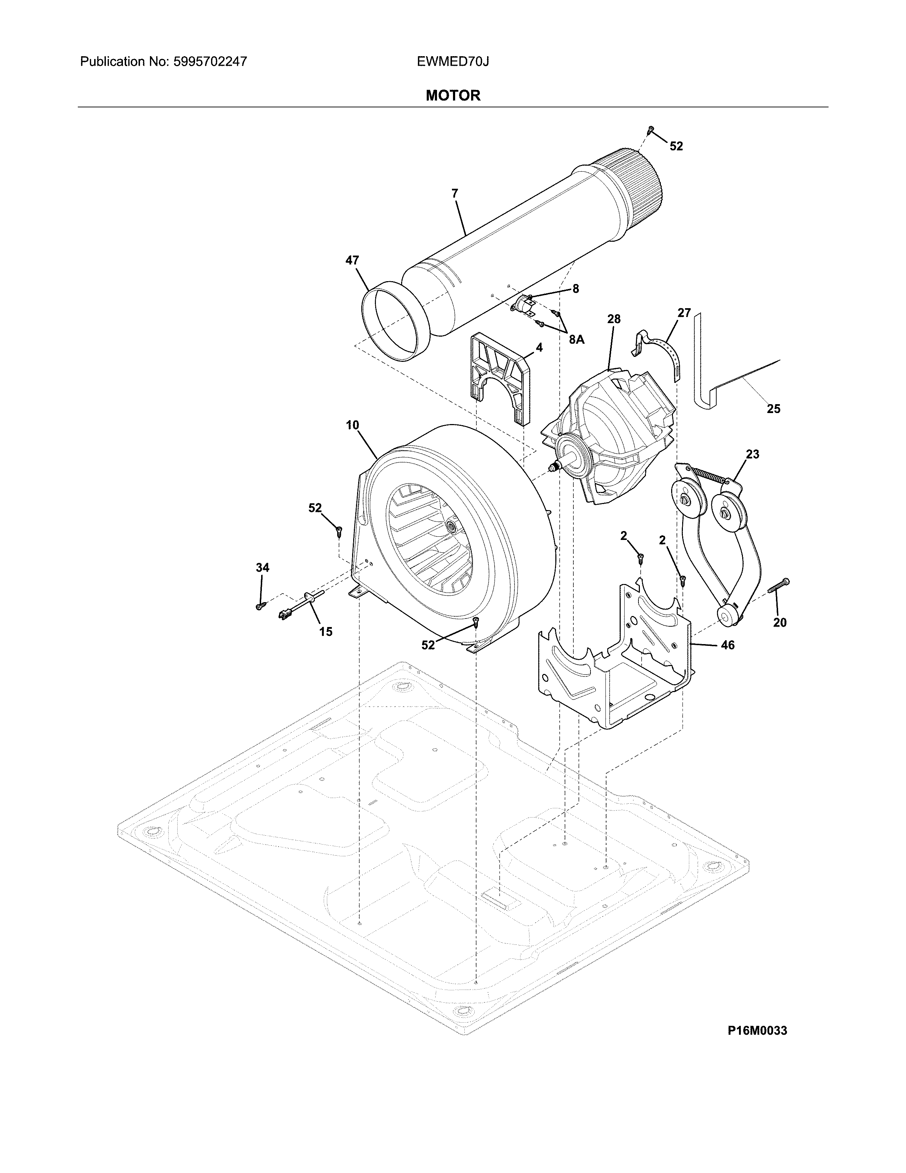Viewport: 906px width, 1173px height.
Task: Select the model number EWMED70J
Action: (452, 62)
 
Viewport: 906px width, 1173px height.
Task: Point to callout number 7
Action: (455, 194)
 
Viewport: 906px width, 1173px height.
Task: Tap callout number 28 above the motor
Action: (614, 319)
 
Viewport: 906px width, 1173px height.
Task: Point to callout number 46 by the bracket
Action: (727, 645)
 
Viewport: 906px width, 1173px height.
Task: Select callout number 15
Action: (326, 632)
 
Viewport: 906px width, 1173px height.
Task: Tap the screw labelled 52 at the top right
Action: (651, 129)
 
